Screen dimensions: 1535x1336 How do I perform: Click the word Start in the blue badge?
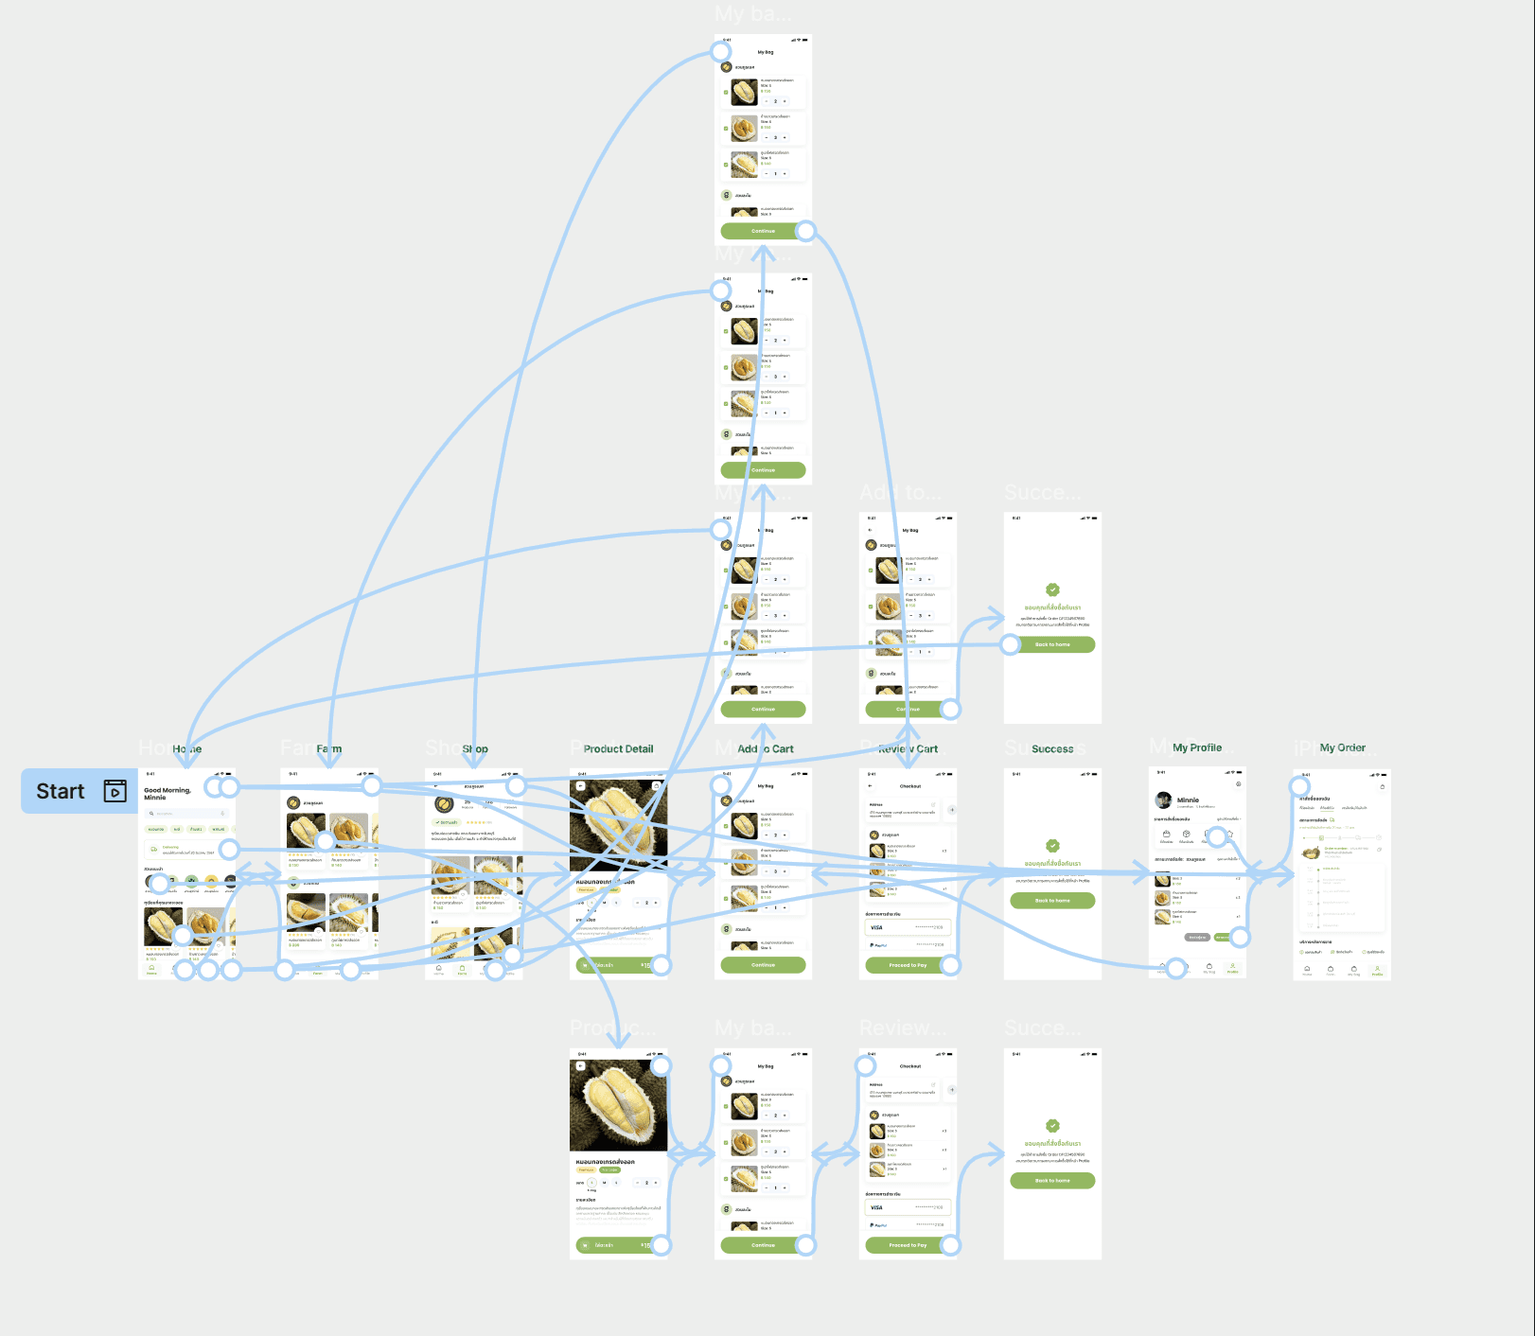(61, 791)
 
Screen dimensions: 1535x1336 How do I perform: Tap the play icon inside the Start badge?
(115, 791)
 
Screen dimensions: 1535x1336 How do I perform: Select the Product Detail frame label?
(618, 748)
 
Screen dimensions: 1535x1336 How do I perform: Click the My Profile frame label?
(1196, 747)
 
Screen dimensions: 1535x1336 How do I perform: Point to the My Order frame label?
(1342, 747)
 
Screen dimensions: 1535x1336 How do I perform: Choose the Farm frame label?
(328, 748)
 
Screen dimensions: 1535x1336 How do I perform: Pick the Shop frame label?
(475, 748)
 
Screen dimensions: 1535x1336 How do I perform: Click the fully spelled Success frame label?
(1052, 748)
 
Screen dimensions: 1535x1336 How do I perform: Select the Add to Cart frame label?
(766, 748)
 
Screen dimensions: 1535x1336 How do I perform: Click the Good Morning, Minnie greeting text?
(167, 793)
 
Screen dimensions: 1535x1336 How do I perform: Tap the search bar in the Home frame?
(186, 813)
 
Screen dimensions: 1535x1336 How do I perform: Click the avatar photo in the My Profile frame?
(1163, 800)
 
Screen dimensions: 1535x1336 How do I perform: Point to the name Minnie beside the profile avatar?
(1188, 800)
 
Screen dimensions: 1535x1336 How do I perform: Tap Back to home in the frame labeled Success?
(1052, 901)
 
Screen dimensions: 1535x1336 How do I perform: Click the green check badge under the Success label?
(1052, 846)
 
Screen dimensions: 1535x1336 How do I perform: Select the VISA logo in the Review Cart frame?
(876, 927)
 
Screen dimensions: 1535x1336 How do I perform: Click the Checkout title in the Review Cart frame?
(909, 786)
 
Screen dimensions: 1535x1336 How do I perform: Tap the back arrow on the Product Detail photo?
(580, 785)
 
